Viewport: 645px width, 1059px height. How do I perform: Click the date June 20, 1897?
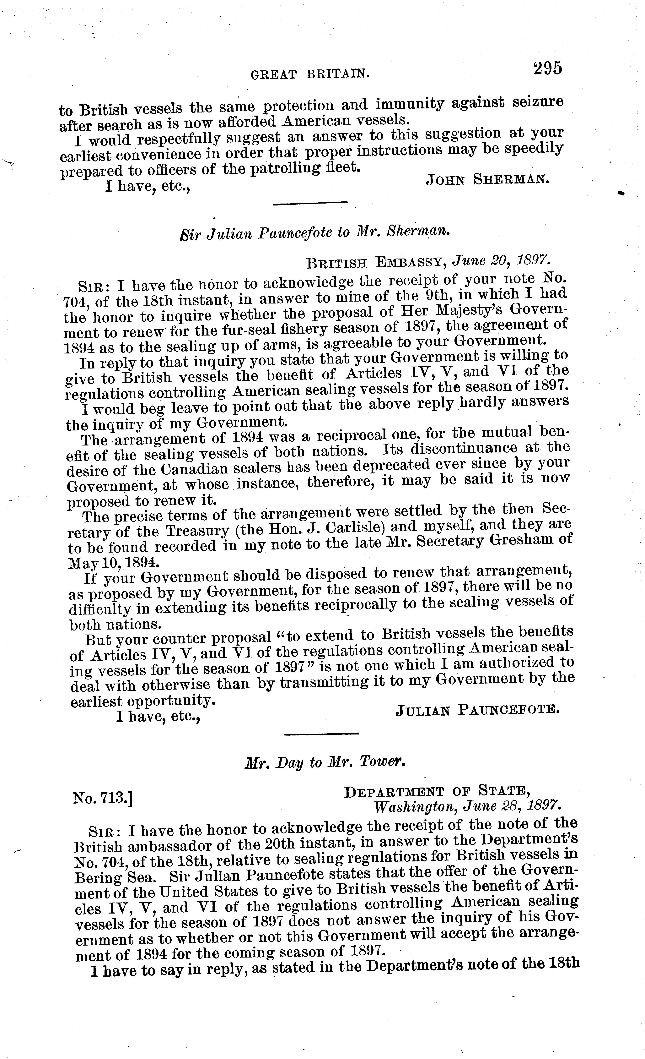[x=500, y=260]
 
